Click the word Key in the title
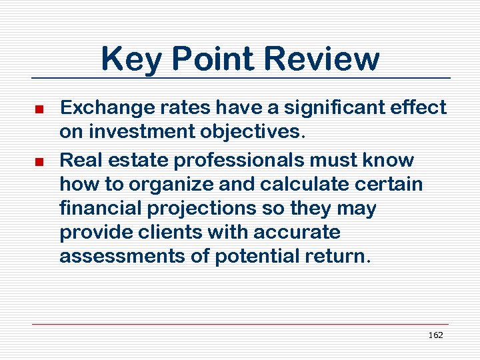tap(131, 59)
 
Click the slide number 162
tap(435, 335)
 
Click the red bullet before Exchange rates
tap(39, 109)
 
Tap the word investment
tap(137, 131)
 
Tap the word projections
tap(198, 209)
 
